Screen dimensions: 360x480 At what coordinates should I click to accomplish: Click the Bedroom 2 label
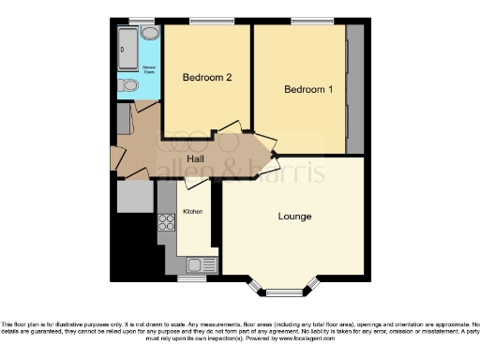207,78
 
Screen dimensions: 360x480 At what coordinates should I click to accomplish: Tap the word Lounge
295,217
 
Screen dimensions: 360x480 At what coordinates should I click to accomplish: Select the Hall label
196,158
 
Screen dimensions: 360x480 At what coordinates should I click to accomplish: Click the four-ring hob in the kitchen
168,223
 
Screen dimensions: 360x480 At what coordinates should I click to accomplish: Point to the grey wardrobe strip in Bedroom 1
355,88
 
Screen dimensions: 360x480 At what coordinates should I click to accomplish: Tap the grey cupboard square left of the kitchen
135,197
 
